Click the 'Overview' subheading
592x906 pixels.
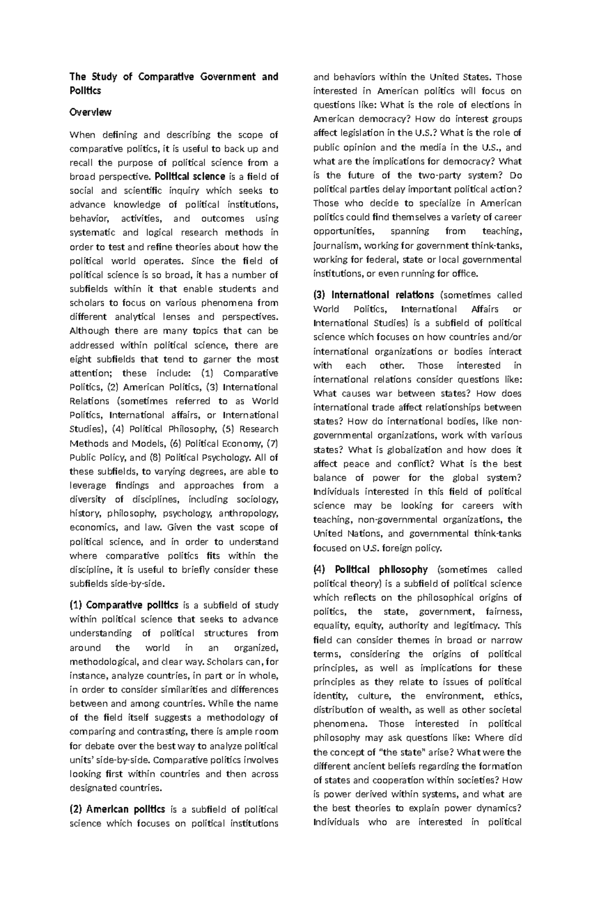click(90, 113)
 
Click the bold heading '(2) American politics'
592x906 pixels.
click(117, 809)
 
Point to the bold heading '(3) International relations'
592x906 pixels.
click(373, 295)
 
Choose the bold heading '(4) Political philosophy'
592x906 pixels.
click(370, 570)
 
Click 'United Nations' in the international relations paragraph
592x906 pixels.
click(348, 534)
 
